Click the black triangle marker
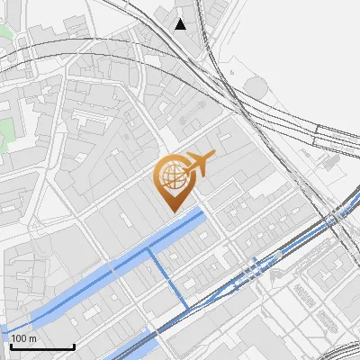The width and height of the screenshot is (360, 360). pos(181,24)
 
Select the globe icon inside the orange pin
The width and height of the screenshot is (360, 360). pos(172,177)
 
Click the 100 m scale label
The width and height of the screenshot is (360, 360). pos(23,337)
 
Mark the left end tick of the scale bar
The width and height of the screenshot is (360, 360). pos(11,345)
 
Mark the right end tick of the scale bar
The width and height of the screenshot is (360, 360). pos(74,345)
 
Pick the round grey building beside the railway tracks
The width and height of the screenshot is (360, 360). pos(256,87)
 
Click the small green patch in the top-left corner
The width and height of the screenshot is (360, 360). pos(4,36)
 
